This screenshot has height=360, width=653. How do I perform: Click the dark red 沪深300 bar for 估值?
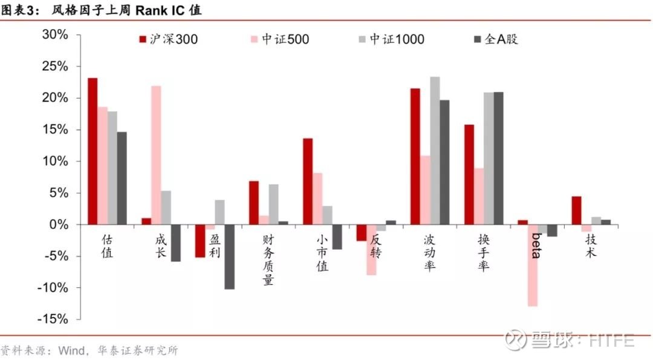pos(93,151)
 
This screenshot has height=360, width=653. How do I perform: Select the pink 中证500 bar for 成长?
pos(156,155)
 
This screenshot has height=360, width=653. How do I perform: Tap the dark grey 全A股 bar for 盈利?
pos(230,257)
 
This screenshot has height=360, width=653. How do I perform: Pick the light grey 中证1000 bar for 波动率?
pos(435,151)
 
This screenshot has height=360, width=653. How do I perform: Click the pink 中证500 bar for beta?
pos(533,266)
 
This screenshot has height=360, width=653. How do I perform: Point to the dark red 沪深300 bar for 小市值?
pos(308,182)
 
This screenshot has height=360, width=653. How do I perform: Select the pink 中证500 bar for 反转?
pos(371,250)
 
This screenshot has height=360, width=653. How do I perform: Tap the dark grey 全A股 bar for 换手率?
pos(498,159)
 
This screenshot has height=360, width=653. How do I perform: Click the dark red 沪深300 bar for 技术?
pos(576,211)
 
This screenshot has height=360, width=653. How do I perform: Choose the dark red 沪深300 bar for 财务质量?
pos(253,203)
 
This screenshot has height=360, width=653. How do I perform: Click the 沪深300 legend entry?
pos(168,39)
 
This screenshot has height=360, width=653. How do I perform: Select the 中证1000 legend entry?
pos(391,39)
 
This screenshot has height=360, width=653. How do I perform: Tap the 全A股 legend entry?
pos(496,39)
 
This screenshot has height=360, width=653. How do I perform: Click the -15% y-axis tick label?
pos(53,319)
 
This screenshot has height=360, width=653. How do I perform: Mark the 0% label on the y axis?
pos(59,224)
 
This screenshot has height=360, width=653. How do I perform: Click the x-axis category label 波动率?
pos(429,252)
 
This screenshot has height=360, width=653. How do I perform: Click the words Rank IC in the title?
pos(160,10)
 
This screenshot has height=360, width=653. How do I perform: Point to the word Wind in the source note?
pos(71,350)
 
